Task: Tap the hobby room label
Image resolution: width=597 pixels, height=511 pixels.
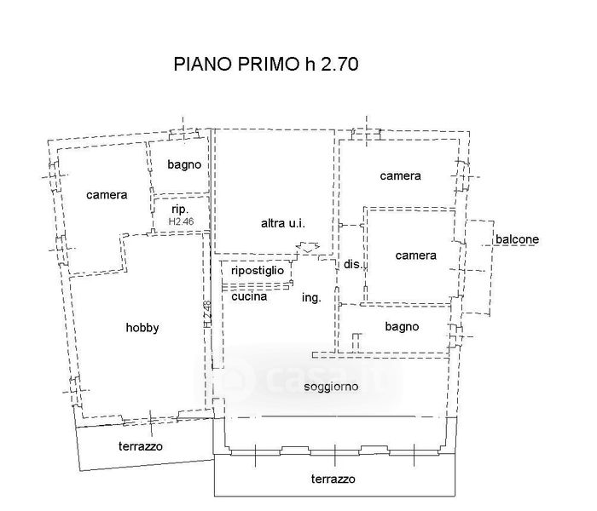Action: coord(142,328)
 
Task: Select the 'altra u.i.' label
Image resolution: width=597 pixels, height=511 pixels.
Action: coord(283,224)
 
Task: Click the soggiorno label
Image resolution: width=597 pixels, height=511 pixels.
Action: coord(330,387)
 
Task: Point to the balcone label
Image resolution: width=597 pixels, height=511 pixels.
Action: coord(517,239)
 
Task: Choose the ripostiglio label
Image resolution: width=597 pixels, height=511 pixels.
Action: coord(258,269)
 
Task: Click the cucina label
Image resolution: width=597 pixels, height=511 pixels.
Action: coord(249,296)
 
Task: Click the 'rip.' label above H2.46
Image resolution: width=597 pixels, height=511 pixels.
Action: coord(179,209)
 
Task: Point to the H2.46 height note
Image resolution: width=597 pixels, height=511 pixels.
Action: coord(182,221)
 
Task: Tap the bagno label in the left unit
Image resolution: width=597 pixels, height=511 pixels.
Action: coord(184,164)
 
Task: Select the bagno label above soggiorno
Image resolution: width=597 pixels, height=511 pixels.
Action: coord(402,326)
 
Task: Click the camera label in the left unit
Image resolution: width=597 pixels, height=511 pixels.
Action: coord(107,195)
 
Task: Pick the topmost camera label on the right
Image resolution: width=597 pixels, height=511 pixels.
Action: coord(400,176)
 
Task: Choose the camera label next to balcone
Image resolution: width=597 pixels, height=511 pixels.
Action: coord(416,255)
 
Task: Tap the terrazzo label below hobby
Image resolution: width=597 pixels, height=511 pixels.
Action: coord(140,446)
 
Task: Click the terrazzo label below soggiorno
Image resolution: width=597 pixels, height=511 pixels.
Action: coord(333,478)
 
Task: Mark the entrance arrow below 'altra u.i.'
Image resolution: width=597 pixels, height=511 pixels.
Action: coord(305,249)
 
